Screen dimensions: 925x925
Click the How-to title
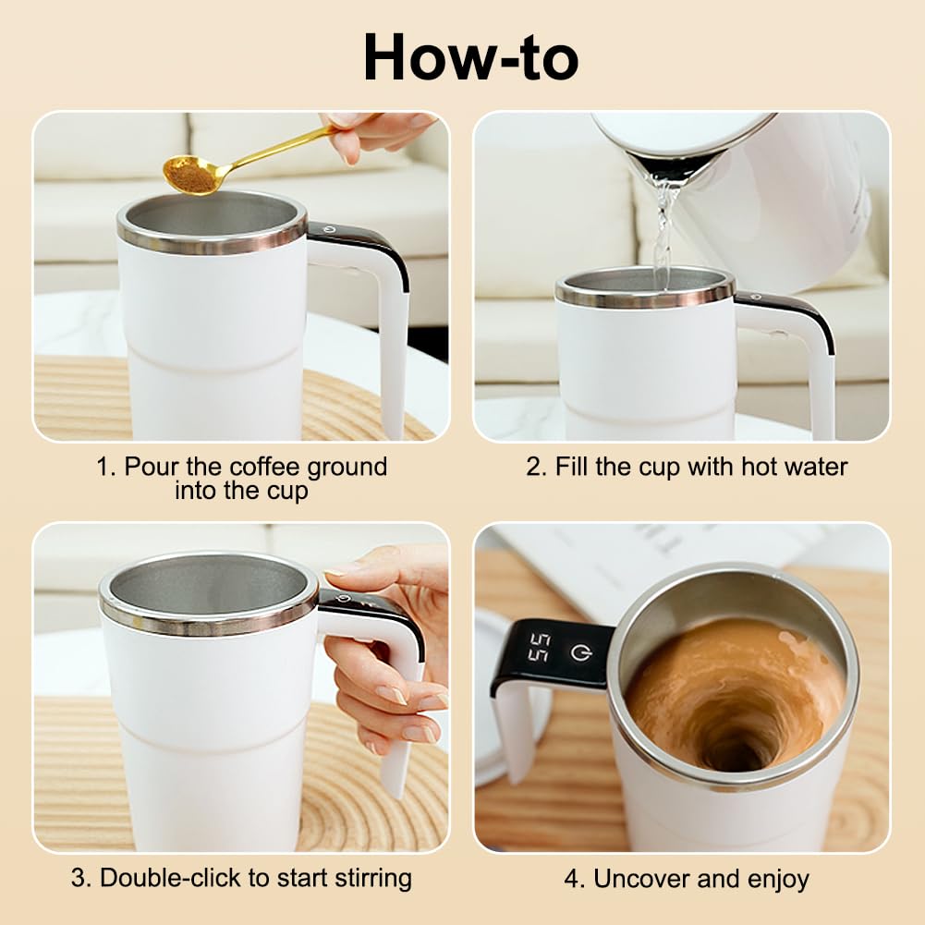click(470, 56)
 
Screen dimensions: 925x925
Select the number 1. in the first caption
click(107, 467)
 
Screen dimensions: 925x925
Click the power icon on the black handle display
click(579, 652)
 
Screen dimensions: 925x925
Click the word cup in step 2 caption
click(653, 467)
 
